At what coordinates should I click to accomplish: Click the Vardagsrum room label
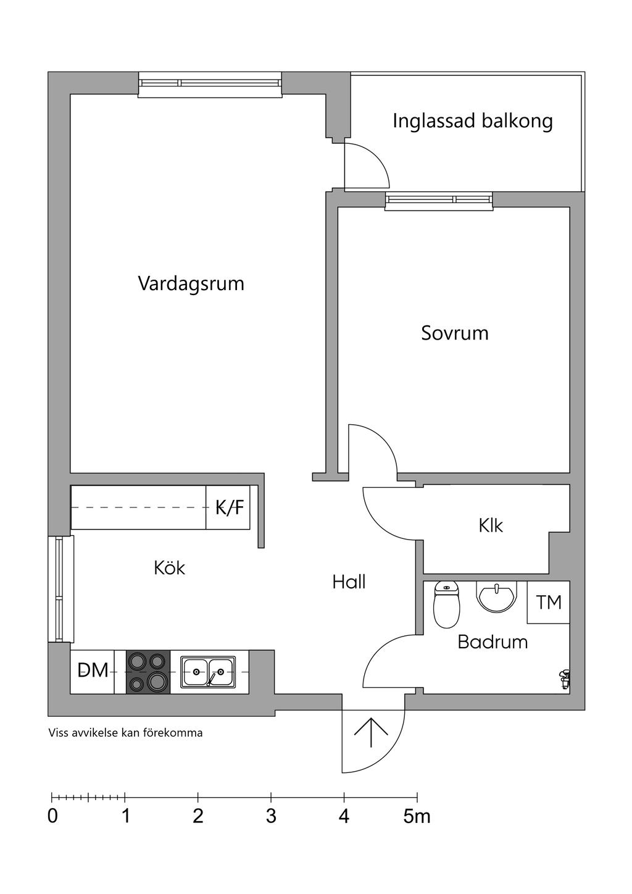[191, 284]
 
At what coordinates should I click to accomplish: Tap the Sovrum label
[455, 333]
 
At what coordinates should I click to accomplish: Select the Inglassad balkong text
[473, 121]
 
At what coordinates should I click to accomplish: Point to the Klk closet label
[491, 525]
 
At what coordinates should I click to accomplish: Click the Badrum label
[493, 642]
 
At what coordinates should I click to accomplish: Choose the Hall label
[349, 582]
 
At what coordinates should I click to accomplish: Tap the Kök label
[169, 568]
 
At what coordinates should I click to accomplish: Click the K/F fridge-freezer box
[228, 508]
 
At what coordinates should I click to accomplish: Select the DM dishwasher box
[93, 671]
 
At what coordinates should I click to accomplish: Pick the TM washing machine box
[549, 602]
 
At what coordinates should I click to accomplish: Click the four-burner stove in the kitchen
[148, 672]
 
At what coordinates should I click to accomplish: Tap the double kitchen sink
[208, 672]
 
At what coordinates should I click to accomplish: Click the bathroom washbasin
[496, 596]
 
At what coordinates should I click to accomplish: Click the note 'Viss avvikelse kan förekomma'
[125, 733]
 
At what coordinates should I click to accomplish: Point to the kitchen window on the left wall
[60, 589]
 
